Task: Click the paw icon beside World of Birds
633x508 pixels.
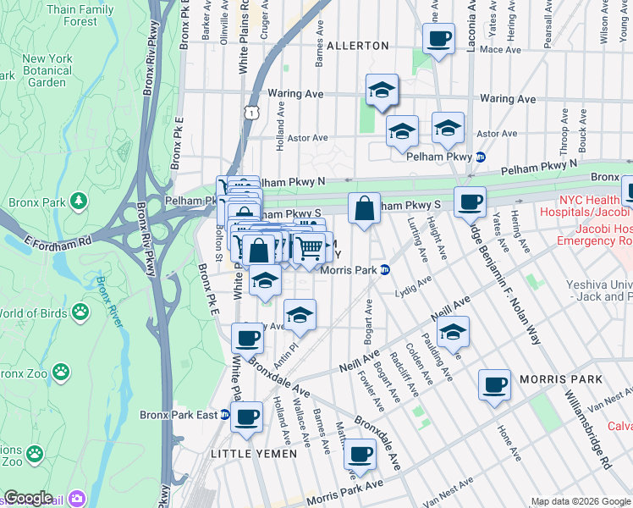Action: coord(80,312)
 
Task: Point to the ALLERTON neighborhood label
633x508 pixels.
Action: coord(357,45)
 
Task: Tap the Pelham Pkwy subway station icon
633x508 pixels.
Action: coord(481,157)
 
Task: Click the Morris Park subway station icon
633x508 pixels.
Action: coord(384,270)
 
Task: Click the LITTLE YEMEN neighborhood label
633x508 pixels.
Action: coord(253,454)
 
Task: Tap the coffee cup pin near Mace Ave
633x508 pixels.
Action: coord(439,39)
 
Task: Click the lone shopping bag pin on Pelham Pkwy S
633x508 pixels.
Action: coord(364,207)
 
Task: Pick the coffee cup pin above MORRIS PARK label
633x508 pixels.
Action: coord(494,384)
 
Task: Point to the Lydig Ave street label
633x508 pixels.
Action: coord(414,290)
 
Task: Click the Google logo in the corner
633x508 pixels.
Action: coord(28,498)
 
